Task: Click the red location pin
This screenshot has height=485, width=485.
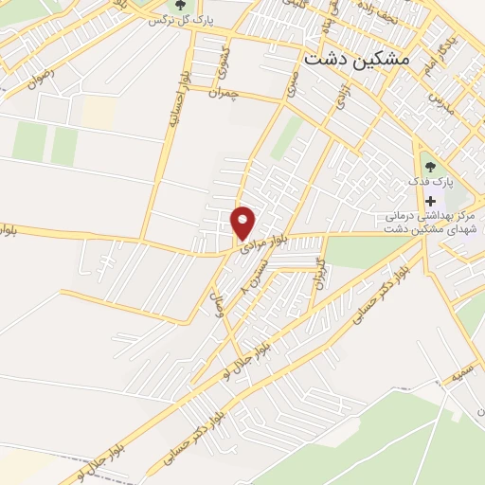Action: point(243,223)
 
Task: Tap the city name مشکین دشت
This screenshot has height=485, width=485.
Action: point(358,58)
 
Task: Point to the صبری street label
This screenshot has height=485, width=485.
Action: point(293,85)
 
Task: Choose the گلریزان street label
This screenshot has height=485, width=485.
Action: point(320,273)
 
